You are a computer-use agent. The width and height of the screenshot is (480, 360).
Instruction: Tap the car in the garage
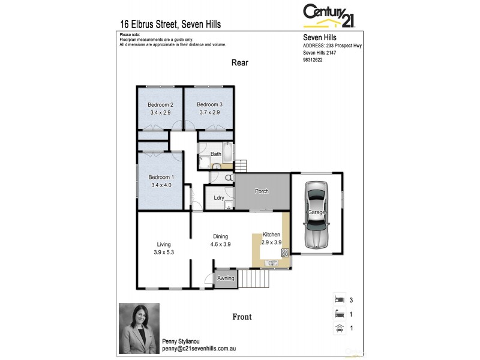tap(316, 214)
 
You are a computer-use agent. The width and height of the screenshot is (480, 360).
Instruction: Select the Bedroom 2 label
tap(160, 105)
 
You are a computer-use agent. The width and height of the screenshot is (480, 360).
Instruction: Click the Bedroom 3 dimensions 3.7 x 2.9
tap(209, 113)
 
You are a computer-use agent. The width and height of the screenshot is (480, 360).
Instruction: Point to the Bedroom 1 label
tap(161, 177)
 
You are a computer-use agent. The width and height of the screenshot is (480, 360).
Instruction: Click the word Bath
tap(216, 154)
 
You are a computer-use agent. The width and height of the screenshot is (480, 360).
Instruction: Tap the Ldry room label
tap(219, 197)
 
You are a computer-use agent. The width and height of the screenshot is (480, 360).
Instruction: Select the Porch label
tap(262, 191)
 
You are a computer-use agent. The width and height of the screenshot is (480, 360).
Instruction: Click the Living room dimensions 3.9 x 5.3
tap(164, 253)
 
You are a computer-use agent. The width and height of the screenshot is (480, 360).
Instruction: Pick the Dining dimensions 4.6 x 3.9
tap(221, 244)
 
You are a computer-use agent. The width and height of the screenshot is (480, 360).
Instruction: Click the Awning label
tap(226, 278)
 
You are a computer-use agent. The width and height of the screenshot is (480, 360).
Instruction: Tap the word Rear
tap(240, 63)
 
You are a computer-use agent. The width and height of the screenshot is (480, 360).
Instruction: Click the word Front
tap(242, 317)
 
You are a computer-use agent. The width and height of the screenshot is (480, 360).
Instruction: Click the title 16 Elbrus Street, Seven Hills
tap(170, 25)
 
